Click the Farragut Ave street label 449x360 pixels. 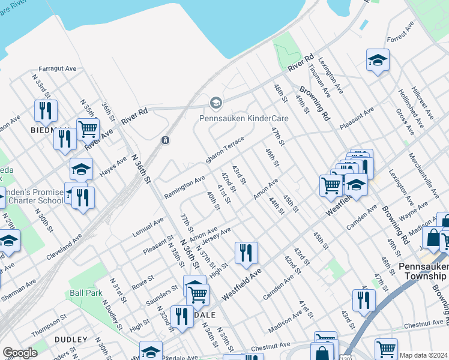click(58, 69)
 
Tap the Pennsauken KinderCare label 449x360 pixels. click(244, 118)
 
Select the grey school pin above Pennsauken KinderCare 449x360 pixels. click(215, 103)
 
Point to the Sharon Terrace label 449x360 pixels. click(225, 151)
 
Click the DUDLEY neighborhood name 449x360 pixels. click(71, 340)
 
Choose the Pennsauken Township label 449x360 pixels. click(423, 270)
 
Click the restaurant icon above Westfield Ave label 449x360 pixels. click(246, 253)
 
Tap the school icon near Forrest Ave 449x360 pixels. click(378, 60)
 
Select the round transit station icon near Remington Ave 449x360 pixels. click(165, 140)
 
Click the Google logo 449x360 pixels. click(20, 353)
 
